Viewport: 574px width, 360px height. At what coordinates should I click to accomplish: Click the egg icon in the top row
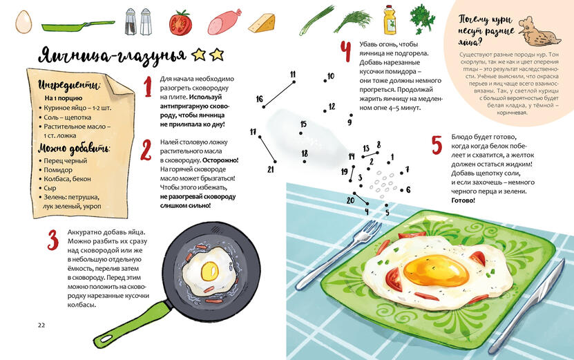[x=23, y=21]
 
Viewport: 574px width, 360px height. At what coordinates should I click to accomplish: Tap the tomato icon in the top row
[x=180, y=23]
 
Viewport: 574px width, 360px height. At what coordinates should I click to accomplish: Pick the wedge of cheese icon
[x=262, y=23]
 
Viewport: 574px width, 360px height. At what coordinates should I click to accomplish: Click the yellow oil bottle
[x=390, y=20]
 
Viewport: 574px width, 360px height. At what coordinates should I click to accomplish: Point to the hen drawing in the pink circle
[x=539, y=32]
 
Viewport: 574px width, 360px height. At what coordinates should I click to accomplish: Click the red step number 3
[x=53, y=240]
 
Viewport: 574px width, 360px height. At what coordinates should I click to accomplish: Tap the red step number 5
[x=437, y=144]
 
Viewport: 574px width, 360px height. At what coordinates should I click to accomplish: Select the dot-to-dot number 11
[x=293, y=75]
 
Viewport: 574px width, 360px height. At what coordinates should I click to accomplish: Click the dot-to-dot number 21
[x=271, y=169]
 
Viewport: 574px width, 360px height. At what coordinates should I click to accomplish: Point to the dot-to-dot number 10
[x=331, y=76]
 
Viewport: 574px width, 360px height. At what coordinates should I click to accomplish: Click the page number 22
[x=41, y=325]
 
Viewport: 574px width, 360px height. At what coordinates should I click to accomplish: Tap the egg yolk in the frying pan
[x=210, y=272]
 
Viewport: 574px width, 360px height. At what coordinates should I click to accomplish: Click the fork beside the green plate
[x=338, y=254]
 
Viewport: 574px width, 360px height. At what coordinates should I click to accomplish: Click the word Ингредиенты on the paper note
[x=69, y=85]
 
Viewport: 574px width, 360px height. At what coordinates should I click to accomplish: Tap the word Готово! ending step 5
[x=463, y=200]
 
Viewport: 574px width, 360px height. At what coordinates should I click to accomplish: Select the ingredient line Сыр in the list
[x=50, y=188]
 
